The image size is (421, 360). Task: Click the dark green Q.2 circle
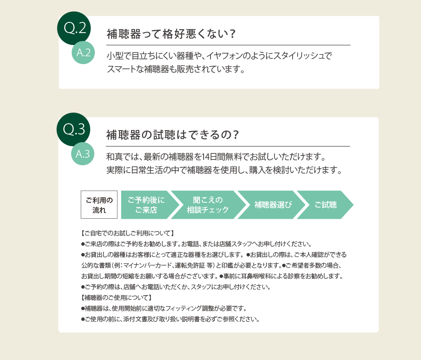point(74,28)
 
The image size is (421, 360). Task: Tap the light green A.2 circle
point(83,52)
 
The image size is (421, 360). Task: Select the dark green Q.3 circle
point(73,129)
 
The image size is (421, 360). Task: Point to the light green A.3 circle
point(82,154)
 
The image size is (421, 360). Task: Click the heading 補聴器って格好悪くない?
point(171,34)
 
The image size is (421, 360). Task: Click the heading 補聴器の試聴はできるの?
point(172,135)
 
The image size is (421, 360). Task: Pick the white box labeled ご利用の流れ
point(99,204)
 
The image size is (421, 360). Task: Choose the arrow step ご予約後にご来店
point(147,205)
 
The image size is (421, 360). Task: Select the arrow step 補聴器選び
point(272,205)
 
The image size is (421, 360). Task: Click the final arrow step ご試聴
point(326,205)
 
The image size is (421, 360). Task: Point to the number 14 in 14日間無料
point(206,157)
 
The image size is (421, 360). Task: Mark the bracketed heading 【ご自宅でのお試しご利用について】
point(128,233)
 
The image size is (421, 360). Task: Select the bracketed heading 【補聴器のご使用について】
point(116,297)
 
